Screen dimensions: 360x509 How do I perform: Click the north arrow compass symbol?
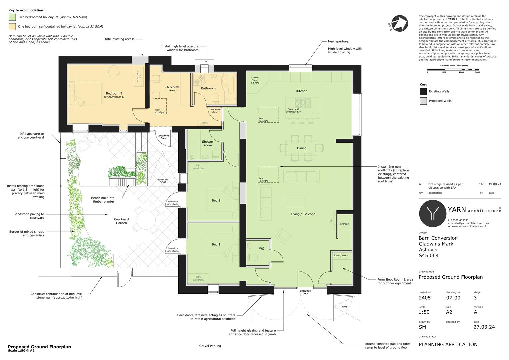point(399,23)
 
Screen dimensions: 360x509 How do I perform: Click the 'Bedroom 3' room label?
point(114,94)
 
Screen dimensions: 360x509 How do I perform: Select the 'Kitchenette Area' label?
point(172,89)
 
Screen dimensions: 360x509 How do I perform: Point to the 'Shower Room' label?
point(207,143)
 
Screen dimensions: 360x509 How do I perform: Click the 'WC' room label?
point(261,249)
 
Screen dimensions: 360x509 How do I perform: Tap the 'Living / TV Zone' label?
point(303,214)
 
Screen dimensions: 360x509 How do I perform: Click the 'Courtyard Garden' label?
point(121,221)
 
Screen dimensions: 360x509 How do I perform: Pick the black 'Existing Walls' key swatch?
point(423,91)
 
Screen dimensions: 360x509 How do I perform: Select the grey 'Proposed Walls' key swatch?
point(423,101)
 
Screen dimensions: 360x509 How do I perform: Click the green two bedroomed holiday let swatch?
point(12,17)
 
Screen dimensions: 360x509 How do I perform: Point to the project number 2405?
point(425,298)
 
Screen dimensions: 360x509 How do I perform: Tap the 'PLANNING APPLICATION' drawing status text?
point(448,344)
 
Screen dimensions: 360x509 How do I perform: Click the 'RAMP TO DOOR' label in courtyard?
point(163,181)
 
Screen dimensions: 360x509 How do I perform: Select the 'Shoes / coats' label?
point(340,256)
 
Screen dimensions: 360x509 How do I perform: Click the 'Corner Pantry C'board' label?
point(255,80)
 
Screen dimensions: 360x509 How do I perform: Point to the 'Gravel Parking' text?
point(210,346)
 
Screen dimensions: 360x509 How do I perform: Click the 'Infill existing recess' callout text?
point(120,39)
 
